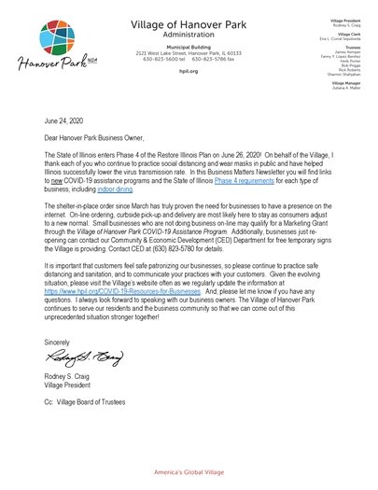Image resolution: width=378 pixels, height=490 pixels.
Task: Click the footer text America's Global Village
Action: (189, 474)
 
